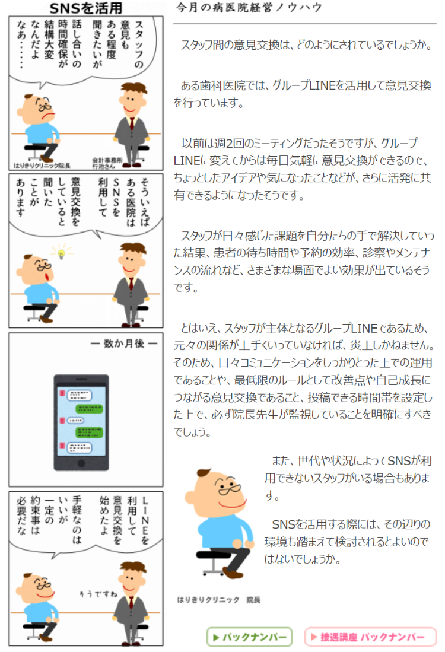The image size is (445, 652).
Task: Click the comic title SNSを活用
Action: [85, 8]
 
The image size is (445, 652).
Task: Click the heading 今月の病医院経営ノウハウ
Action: [249, 8]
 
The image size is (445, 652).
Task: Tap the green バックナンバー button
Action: [250, 637]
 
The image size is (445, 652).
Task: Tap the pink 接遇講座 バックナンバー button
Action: [370, 637]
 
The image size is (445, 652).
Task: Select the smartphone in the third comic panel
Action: [81, 422]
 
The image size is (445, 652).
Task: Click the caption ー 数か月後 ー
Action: [123, 344]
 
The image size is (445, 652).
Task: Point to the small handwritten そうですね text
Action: [98, 594]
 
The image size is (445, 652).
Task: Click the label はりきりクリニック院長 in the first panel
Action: [42, 166]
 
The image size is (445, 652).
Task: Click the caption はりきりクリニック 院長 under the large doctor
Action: [219, 600]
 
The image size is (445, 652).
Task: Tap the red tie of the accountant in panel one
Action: [132, 123]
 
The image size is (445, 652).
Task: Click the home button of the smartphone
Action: [81, 463]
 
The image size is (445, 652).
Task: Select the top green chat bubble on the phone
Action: [88, 408]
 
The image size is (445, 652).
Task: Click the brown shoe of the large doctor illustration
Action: [233, 574]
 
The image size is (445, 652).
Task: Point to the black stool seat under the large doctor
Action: [213, 555]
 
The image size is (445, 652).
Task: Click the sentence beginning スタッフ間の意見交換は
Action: [307, 44]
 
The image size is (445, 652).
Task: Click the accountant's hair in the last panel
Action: [133, 567]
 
